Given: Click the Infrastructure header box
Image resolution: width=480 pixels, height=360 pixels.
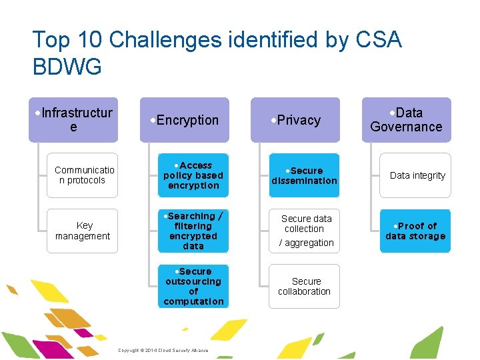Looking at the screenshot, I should coord(73,120).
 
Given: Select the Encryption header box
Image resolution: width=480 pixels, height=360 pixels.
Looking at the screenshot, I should coord(184,120).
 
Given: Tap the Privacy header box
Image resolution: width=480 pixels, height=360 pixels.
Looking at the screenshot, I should coord(295,120).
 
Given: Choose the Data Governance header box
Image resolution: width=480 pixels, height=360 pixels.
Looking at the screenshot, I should coord(406,120).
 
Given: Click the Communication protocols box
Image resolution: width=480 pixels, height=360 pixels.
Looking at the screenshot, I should coord(83,175).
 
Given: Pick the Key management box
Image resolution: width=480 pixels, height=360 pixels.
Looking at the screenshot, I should coord(83,231).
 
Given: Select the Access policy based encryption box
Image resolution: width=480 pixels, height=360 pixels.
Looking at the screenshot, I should coord(193,175).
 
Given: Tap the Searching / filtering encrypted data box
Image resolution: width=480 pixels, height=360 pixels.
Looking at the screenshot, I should coord(193,231).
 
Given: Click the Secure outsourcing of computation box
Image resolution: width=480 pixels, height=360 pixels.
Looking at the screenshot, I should coord(193,286).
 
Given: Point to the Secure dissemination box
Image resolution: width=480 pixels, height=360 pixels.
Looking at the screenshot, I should coord(304,175).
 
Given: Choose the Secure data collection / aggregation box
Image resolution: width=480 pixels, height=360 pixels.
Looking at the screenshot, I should coord(304,231).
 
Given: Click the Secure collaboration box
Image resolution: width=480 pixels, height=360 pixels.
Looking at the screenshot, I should coord(304,286).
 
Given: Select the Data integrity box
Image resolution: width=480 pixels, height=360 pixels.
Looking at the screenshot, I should coord(415,175).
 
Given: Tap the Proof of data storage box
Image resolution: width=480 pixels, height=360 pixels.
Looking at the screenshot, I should coord(415,231).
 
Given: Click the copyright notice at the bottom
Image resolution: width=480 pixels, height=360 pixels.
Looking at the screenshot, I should coord(163,351).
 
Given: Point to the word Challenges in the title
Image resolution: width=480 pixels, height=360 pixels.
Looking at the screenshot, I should coord(165,40).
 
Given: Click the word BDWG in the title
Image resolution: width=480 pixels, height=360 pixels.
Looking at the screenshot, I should coord(67,66).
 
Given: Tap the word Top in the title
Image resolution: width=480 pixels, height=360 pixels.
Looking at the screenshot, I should coord(51,40).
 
